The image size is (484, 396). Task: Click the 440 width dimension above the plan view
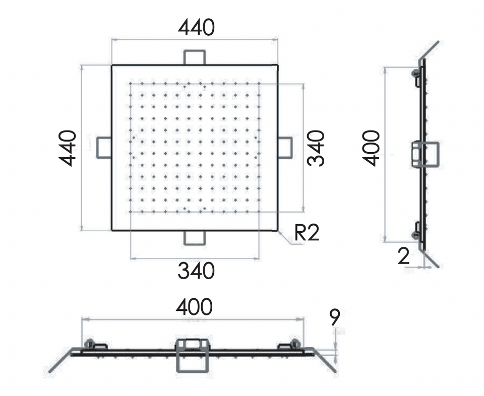pyautogui.click(x=196, y=27)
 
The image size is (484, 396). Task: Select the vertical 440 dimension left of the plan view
pyautogui.click(x=67, y=148)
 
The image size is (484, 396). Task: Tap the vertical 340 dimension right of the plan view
pyautogui.click(x=316, y=148)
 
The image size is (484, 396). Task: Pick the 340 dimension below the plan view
pyautogui.click(x=196, y=271)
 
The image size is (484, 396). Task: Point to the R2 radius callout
pyautogui.click(x=307, y=233)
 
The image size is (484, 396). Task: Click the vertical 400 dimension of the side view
pyautogui.click(x=371, y=148)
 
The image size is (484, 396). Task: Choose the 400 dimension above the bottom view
pyautogui.click(x=194, y=306)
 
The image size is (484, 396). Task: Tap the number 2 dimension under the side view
pyautogui.click(x=404, y=256)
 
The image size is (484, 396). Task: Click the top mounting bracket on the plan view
pyautogui.click(x=195, y=57)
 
